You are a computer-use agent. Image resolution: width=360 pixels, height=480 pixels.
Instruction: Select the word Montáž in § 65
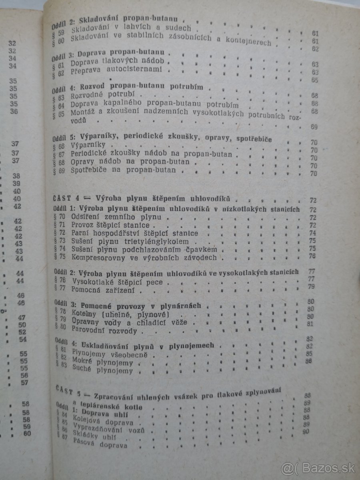click(83, 112)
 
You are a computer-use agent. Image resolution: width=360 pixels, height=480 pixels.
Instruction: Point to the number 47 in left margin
click(22, 318)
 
